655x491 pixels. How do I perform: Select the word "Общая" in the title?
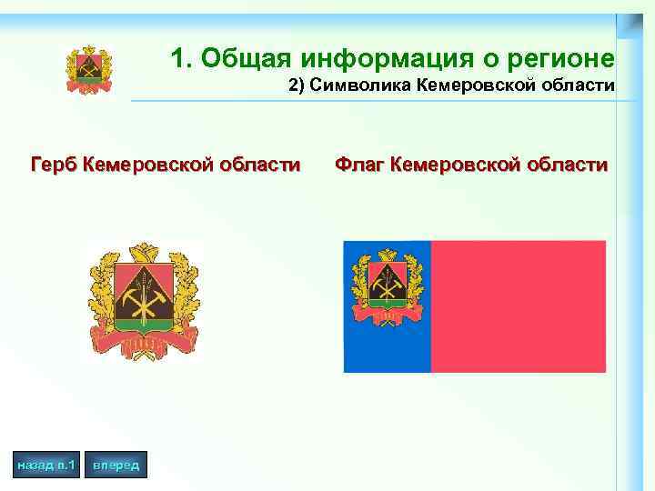243,59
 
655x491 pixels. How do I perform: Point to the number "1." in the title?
182,59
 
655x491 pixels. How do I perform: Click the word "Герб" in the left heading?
53,165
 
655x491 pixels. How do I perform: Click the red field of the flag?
518,306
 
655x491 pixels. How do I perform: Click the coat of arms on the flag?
386,287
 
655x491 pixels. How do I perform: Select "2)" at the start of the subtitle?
297,86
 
